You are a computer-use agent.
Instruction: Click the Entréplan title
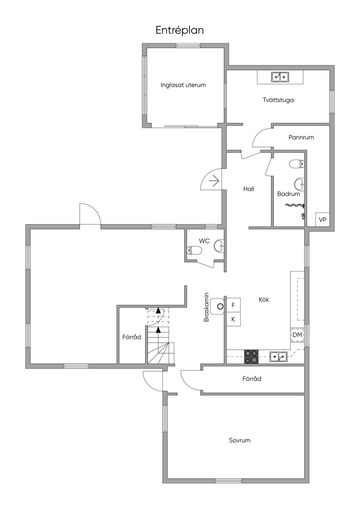(180, 31)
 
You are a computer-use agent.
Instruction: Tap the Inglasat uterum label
(183, 85)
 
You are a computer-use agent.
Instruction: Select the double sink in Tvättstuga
(280, 77)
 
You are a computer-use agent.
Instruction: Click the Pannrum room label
(301, 137)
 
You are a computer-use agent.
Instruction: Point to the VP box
(322, 219)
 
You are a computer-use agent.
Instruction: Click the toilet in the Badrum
(297, 164)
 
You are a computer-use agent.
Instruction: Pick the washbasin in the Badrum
(300, 184)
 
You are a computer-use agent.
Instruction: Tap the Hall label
(249, 189)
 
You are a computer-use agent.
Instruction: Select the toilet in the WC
(194, 251)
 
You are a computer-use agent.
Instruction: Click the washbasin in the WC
(219, 245)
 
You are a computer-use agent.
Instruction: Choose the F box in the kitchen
(233, 305)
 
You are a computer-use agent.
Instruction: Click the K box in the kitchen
(233, 319)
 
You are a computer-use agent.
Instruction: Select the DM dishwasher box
(297, 335)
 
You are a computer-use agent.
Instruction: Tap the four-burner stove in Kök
(251, 357)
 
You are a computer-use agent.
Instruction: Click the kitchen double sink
(278, 356)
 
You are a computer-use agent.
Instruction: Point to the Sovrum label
(240, 440)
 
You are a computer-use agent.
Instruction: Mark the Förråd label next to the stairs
(132, 337)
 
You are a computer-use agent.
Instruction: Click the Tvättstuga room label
(278, 100)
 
